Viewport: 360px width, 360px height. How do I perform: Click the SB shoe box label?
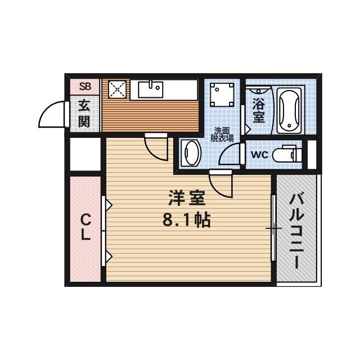[85, 86]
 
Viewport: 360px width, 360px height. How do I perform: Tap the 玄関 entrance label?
[84, 113]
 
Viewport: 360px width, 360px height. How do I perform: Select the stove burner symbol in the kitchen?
[118, 88]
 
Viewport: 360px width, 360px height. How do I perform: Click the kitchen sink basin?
[150, 88]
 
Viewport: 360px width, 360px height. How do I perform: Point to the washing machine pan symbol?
[223, 94]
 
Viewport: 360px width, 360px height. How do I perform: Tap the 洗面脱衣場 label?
[222, 133]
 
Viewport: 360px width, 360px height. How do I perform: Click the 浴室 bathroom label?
[258, 110]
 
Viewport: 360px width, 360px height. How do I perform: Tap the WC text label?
[259, 154]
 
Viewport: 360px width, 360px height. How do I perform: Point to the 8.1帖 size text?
[186, 220]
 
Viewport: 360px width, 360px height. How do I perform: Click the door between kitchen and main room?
[156, 146]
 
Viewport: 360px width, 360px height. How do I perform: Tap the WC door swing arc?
[231, 155]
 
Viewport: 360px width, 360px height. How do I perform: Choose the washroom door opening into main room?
[220, 183]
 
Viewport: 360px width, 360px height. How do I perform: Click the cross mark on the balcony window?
[273, 228]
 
